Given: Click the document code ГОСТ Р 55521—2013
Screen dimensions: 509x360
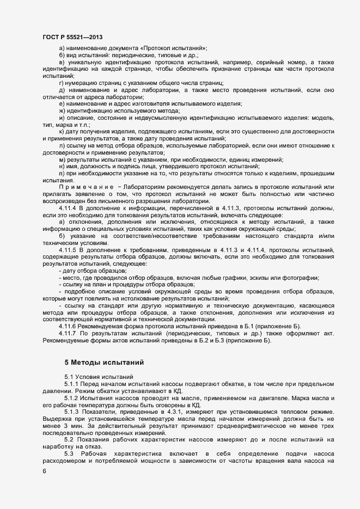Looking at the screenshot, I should click(72, 37).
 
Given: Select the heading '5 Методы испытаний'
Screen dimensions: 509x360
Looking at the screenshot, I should click(103, 361).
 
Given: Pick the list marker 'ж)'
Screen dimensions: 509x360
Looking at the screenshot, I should click(62, 111).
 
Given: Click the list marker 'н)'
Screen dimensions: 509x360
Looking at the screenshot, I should click(62, 166).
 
